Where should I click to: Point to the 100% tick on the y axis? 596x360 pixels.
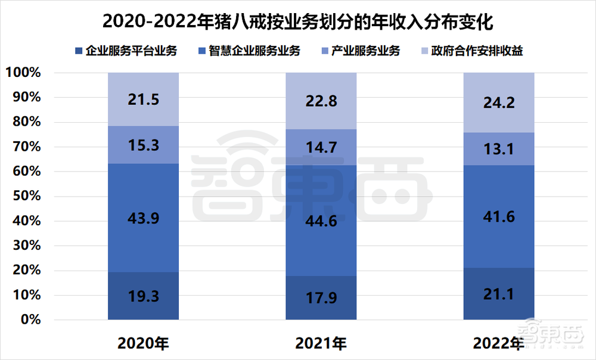(24, 73)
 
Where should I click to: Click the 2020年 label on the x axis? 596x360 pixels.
(143, 343)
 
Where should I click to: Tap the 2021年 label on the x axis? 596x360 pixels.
(321, 343)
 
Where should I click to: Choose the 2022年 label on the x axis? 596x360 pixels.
(498, 343)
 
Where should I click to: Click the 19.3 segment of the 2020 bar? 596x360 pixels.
(143, 296)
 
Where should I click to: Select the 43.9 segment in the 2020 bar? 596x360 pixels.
(143, 218)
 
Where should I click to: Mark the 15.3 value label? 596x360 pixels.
(143, 145)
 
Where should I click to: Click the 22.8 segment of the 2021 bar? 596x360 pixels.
(321, 101)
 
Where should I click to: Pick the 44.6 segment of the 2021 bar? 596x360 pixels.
(321, 221)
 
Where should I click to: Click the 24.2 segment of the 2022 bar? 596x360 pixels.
(498, 103)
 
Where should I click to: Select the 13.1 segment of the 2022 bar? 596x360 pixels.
(498, 150)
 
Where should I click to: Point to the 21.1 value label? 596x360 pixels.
(498, 294)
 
